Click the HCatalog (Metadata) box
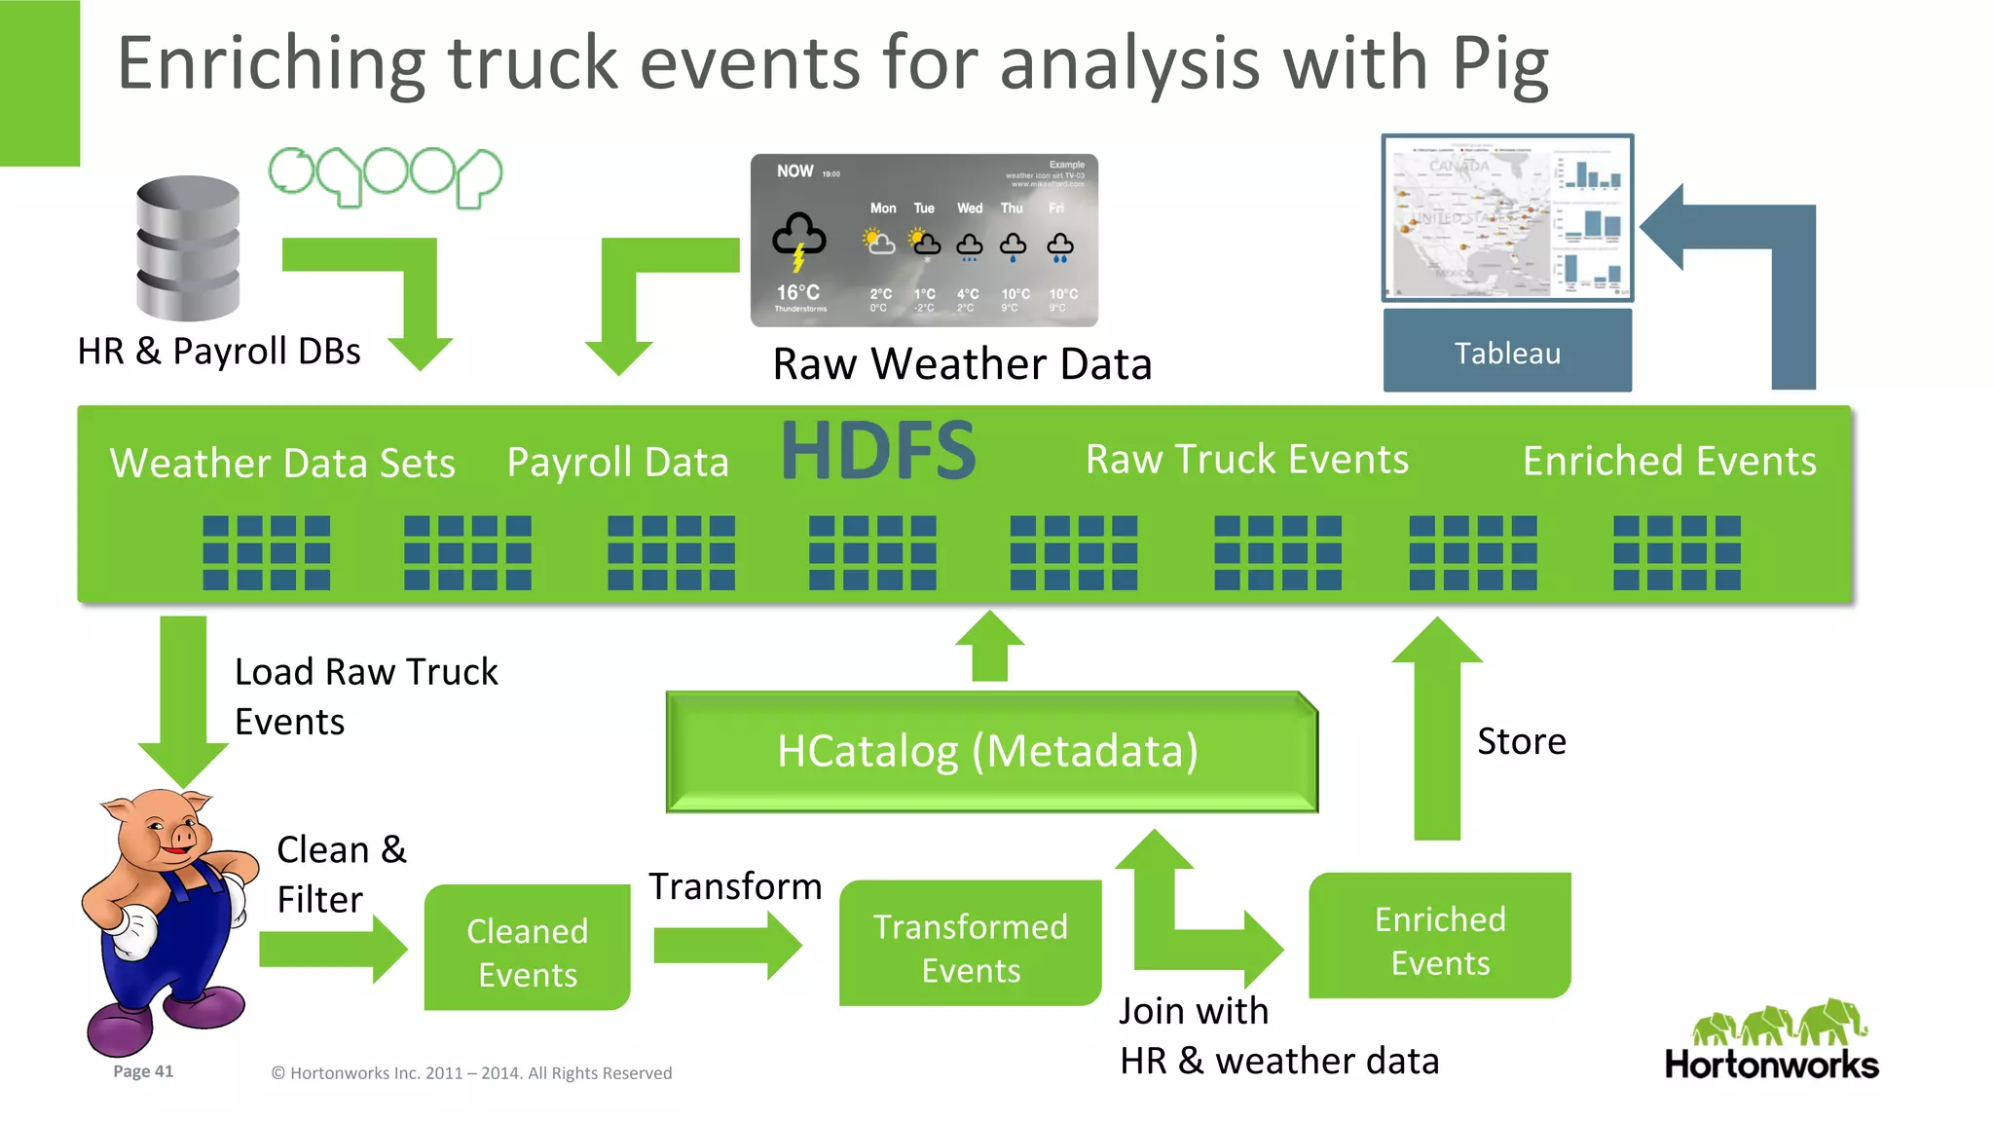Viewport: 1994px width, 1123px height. pos(990,751)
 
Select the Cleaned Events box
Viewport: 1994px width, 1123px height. pos(527,951)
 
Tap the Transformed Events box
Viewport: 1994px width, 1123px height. pos(970,947)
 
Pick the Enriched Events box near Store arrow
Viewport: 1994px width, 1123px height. pos(1439,939)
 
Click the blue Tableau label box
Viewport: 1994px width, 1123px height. pos(1506,353)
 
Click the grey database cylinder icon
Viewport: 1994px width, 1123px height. pos(188,247)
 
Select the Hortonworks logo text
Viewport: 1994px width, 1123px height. pos(1771,1065)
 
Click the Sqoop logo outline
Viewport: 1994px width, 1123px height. pos(385,175)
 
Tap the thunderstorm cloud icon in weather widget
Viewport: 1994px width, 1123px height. pos(798,239)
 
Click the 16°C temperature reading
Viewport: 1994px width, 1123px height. pos(797,292)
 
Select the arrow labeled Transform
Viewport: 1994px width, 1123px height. pos(725,945)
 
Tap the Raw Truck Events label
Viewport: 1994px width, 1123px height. pos(1246,460)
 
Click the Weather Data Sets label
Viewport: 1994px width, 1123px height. pos(282,463)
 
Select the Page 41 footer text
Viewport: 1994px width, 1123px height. pos(143,1071)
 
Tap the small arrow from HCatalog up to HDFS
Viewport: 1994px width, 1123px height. pos(989,648)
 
